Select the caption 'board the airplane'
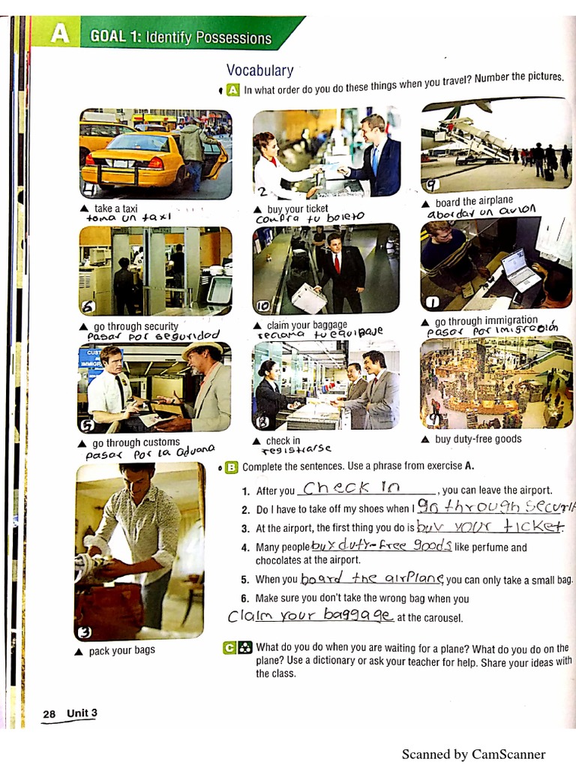point(474,201)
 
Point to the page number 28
point(49,715)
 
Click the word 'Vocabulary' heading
point(259,70)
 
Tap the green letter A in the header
point(57,34)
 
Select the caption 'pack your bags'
point(121,650)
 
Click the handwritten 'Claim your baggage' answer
point(310,616)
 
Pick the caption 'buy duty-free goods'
point(478,439)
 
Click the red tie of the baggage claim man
point(337,264)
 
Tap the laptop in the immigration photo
point(520,268)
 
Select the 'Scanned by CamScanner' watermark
point(473,754)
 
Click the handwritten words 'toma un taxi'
point(130,217)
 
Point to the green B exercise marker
point(232,467)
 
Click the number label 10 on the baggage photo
point(262,305)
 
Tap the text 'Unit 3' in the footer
point(82,712)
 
